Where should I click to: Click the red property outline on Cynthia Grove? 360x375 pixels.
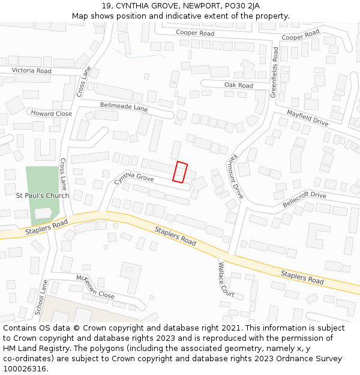[180, 172]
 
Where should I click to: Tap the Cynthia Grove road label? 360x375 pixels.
[134, 177]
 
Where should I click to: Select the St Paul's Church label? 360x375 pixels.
[42, 196]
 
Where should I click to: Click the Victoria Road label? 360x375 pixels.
[32, 70]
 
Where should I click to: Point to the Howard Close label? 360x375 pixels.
[52, 113]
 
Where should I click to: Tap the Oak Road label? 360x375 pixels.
[238, 85]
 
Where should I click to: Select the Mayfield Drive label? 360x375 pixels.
[307, 118]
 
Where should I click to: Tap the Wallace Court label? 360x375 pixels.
[226, 280]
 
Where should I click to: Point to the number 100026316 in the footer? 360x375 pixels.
[24, 368]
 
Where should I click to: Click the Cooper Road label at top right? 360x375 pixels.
[300, 35]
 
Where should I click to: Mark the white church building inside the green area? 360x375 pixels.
[43, 213]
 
